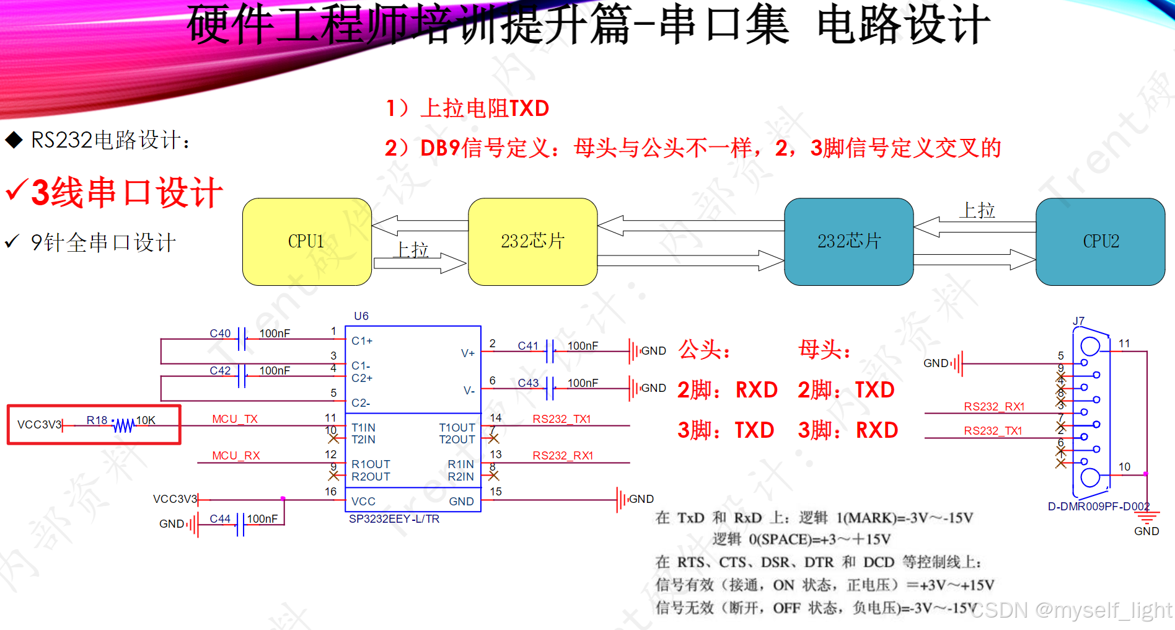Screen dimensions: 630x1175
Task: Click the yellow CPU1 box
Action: coord(307,242)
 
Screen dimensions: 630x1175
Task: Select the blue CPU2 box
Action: coord(1100,242)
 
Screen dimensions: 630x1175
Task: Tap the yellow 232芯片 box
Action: coord(532,242)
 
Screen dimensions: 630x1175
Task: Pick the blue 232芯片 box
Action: coord(848,242)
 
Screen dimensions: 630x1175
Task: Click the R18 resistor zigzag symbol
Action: coord(124,425)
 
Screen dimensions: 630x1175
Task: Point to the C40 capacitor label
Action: coord(220,334)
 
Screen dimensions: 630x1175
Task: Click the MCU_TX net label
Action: coord(235,419)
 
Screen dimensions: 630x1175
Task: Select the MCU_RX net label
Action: coord(236,456)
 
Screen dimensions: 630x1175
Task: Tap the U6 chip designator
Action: coord(361,316)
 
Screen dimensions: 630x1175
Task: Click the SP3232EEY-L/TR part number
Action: coord(394,519)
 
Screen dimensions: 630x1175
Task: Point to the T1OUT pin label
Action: coord(457,428)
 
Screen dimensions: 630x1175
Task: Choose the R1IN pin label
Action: coord(460,464)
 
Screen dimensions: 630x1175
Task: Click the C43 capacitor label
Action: coord(528,383)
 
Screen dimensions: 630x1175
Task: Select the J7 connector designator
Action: coord(1079,321)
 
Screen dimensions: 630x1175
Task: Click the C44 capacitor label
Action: coord(220,519)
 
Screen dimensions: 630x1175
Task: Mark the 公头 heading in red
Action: coord(704,350)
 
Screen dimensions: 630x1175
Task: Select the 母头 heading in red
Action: coord(824,350)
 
